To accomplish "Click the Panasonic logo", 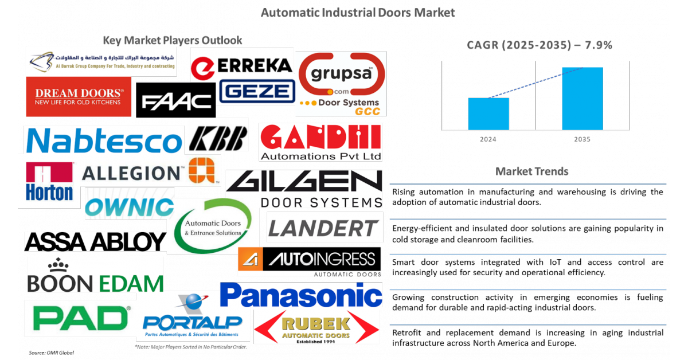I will [x=301, y=295].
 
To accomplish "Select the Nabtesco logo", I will [x=104, y=140].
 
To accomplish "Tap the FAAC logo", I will [x=177, y=101].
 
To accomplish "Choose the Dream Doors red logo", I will [x=79, y=97].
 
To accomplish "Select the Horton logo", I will [x=49, y=181].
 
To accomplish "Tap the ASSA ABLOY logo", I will [x=95, y=242].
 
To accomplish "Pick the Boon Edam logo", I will [x=95, y=275].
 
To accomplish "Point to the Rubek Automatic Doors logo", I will [x=316, y=327].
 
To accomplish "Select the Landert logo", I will [x=325, y=228].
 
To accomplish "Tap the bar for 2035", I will [x=582, y=99].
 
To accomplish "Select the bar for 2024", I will [x=488, y=114].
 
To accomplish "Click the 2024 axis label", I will [x=488, y=139].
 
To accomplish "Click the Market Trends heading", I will [x=531, y=171].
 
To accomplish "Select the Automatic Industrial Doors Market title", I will [x=358, y=12].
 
